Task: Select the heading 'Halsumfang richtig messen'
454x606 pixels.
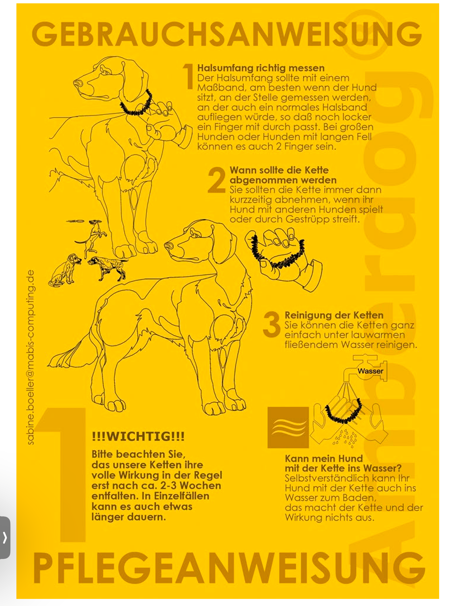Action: (261, 68)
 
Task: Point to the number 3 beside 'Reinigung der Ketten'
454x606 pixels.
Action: (271, 325)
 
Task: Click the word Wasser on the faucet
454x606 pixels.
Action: (370, 371)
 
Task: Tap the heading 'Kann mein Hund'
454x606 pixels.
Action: (323, 458)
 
